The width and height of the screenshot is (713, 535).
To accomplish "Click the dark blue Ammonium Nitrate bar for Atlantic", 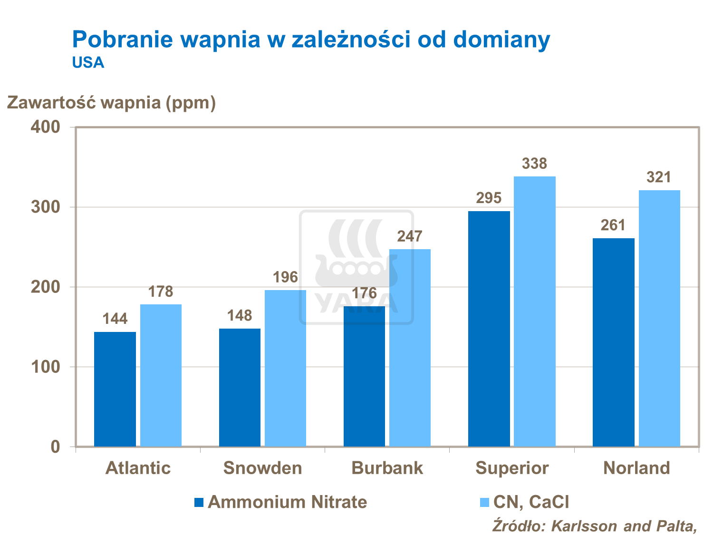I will (x=115, y=389).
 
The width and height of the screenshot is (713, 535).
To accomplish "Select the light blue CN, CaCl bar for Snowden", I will (x=285, y=368).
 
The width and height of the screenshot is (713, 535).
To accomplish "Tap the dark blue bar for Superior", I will (x=489, y=329).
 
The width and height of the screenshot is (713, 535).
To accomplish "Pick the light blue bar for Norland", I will (x=659, y=318).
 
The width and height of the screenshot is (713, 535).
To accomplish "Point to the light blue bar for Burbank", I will (x=410, y=348).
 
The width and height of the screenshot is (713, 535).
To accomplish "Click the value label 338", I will (x=534, y=164).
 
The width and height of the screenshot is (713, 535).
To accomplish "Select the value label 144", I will (x=115, y=319).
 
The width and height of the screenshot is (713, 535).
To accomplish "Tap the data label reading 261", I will (x=613, y=225).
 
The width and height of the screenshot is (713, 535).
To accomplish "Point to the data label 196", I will (x=285, y=277).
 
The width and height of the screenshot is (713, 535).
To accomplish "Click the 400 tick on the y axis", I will (x=46, y=127).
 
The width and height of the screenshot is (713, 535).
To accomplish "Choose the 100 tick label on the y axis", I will (x=46, y=367).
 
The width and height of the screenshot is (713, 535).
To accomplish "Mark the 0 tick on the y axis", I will (x=55, y=447).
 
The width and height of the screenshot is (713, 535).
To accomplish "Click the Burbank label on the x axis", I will (x=387, y=468).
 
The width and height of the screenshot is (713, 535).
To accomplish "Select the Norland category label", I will (x=636, y=468).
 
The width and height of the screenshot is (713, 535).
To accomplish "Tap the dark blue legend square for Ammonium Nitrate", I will (x=199, y=502).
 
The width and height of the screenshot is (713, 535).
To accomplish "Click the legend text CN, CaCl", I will (x=531, y=502).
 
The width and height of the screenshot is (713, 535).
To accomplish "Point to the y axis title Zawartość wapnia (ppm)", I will (x=111, y=102).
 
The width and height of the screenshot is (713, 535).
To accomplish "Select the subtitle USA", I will (x=88, y=63).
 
